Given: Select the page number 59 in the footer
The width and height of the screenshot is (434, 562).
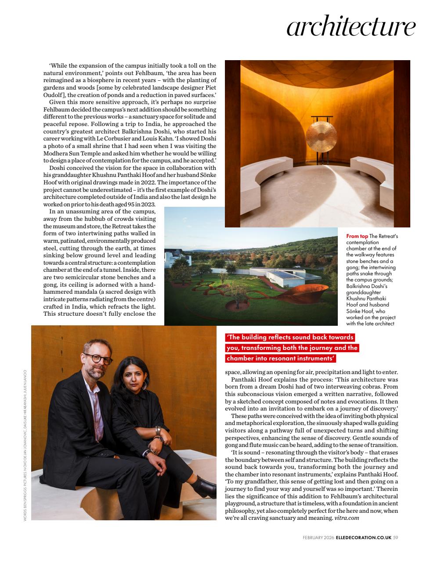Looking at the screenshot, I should (x=395, y=537).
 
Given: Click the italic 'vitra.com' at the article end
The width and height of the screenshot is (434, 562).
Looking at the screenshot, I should (x=347, y=518).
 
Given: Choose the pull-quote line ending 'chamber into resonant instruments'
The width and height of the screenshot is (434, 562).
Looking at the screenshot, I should (x=281, y=358).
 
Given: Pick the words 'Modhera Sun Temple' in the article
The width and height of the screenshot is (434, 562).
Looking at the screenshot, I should (x=72, y=154).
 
